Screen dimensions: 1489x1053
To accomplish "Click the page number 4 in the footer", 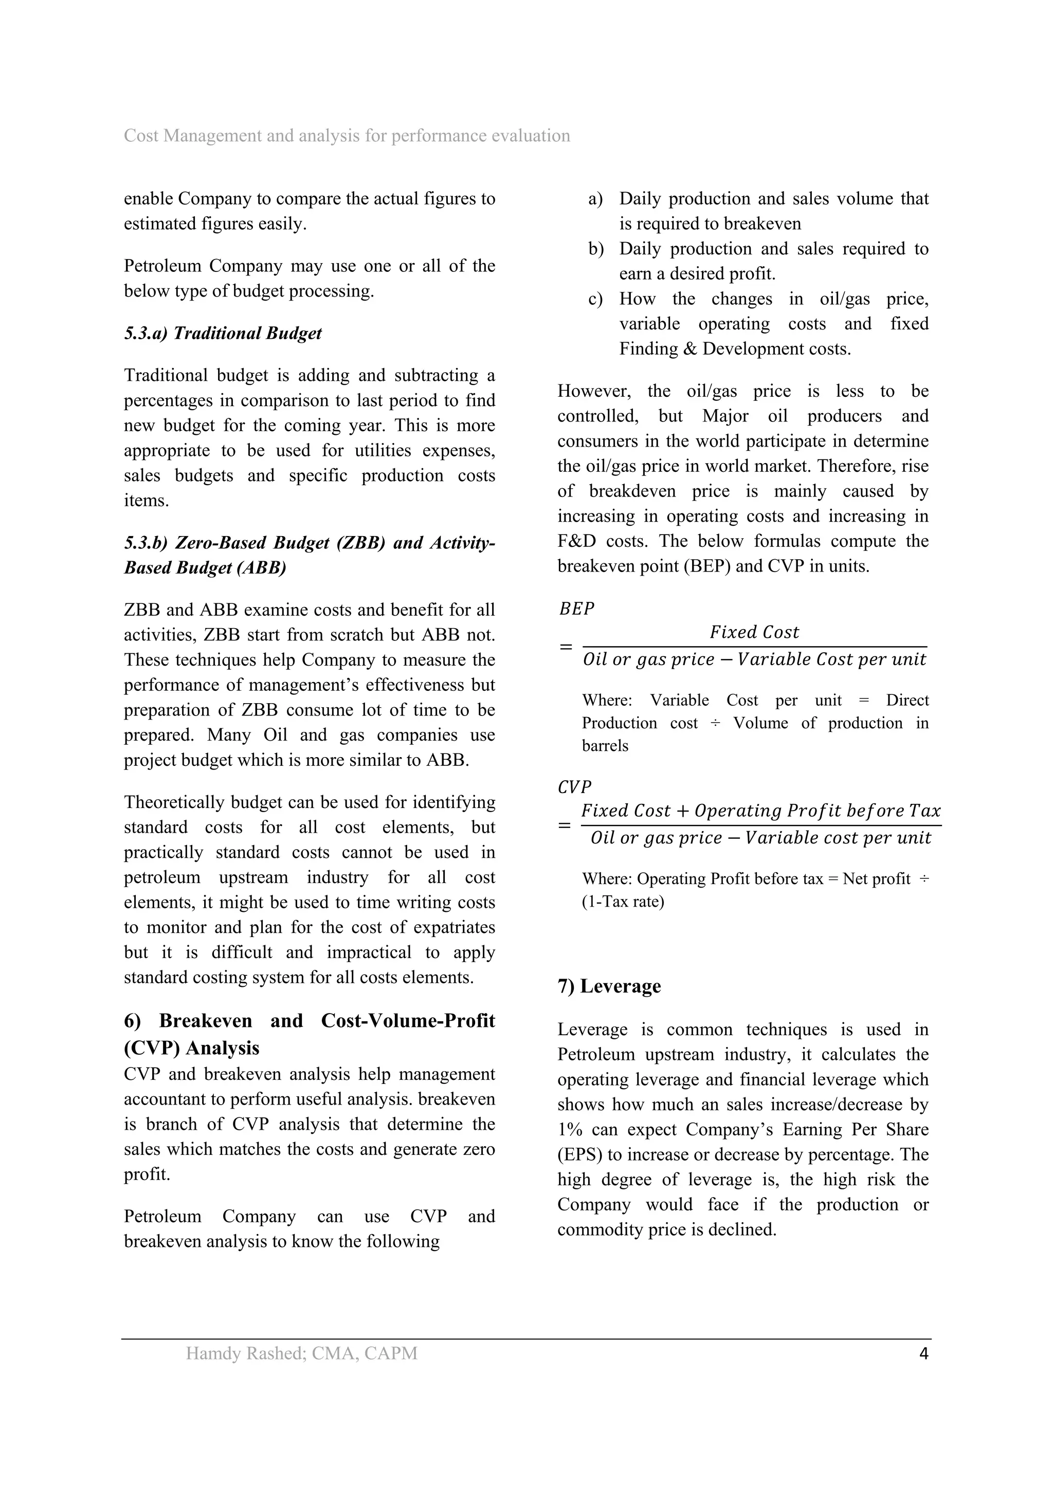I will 924,1353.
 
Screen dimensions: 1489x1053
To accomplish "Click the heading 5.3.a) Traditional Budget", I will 223,334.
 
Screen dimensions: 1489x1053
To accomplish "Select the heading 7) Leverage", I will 609,986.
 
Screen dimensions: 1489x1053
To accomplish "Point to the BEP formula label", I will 576,609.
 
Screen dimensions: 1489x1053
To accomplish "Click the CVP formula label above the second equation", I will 574,787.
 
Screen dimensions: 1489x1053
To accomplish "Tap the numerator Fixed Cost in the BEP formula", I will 754,632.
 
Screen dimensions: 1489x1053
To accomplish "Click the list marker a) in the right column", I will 595,199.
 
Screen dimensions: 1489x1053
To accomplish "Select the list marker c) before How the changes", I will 595,299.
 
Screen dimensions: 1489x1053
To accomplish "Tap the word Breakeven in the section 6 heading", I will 205,1021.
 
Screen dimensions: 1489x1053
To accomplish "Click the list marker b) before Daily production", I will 595,249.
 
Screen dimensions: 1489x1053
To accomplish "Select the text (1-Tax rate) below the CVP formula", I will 623,902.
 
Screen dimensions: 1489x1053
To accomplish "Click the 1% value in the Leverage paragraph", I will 570,1130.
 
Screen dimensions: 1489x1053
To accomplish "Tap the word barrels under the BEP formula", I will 605,746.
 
